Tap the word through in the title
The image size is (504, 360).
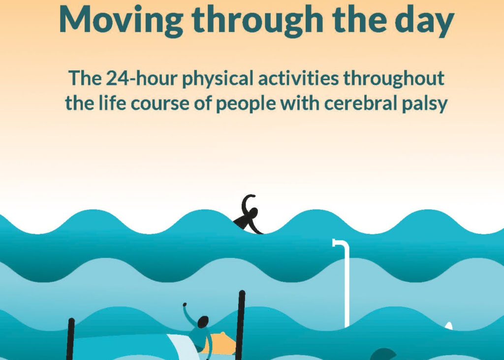coord(257,20)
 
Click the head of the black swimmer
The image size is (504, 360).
coord(253,213)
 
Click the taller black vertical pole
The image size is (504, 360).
coord(240,325)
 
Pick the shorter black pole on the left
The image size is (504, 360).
coord(70,339)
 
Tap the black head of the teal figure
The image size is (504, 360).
coord(203,322)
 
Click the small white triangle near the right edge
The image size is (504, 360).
coord(449,326)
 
